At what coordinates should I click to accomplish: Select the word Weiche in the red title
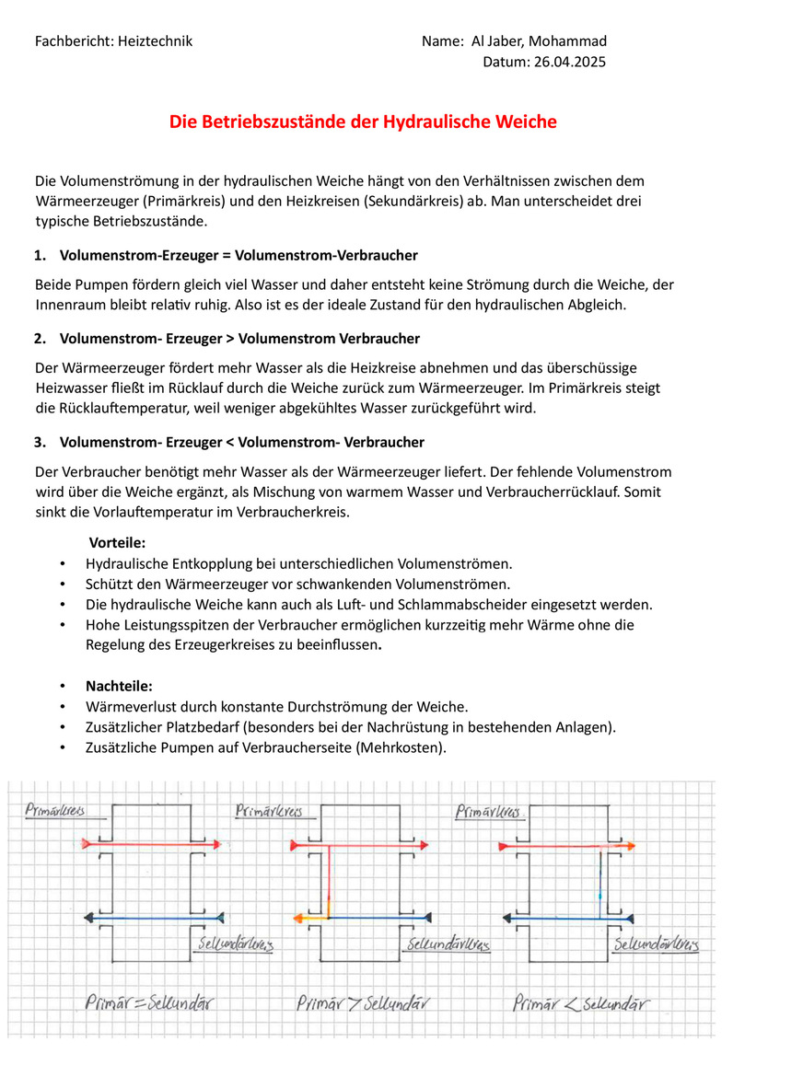[526, 122]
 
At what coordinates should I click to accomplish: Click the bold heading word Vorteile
[117, 543]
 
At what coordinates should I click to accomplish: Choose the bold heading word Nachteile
[119, 686]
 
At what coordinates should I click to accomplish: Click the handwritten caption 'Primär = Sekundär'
[148, 1003]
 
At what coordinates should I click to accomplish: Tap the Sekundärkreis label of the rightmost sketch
[657, 944]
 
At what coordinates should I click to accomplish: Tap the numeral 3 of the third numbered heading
[39, 443]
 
